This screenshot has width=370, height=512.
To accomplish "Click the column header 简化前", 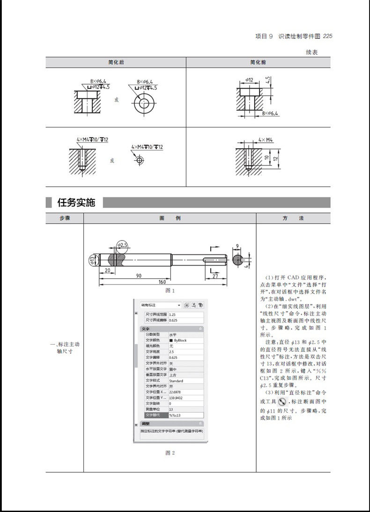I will [259, 62].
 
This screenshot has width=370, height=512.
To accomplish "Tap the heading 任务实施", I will [76, 203].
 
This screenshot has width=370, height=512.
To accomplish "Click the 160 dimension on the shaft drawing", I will [163, 282].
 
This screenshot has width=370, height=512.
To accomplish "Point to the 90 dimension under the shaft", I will [138, 276].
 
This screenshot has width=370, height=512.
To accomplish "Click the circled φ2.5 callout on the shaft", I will [122, 245].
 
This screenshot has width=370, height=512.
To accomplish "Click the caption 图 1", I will [170, 291].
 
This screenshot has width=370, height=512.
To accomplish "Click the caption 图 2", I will [170, 452].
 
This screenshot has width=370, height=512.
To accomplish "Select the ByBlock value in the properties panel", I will [178, 340].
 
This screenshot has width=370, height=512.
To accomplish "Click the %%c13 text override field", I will [175, 415].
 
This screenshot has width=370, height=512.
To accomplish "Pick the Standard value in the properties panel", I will [176, 381].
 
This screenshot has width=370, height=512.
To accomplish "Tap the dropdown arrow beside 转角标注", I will [179, 305].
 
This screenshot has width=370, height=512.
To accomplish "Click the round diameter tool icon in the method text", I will [282, 402].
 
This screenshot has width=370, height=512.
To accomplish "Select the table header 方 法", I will [293, 218].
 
